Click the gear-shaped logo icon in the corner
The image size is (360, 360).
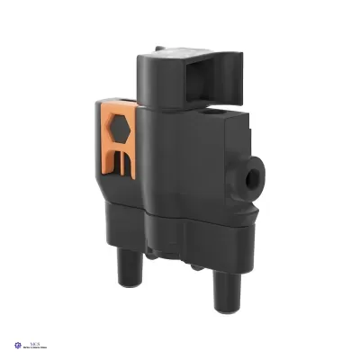point(20,345)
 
